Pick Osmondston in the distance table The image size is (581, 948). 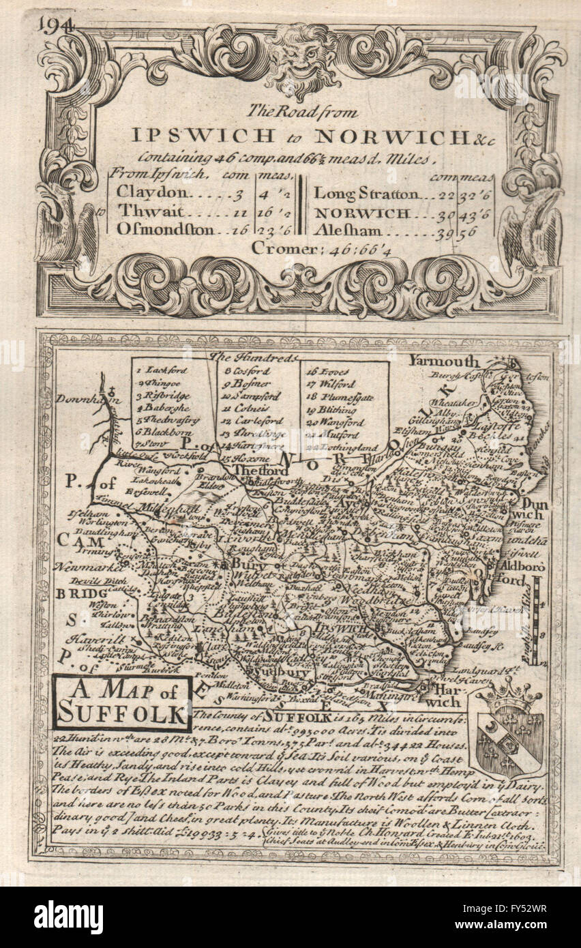point(164,228)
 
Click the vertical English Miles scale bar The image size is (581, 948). point(537,621)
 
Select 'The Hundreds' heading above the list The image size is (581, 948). point(254,357)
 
